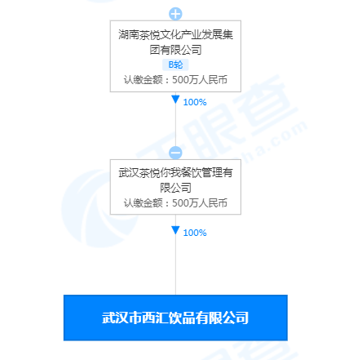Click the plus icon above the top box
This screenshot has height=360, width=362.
pyautogui.click(x=175, y=14)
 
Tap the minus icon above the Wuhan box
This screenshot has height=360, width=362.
pyautogui.click(x=175, y=153)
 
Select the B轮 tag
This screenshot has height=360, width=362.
pyautogui.click(x=175, y=64)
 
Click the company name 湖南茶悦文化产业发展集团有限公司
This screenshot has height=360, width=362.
pyautogui.click(x=175, y=42)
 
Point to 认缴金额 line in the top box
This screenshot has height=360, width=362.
pyautogui.click(x=175, y=80)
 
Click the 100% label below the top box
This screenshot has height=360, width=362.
pyautogui.click(x=195, y=102)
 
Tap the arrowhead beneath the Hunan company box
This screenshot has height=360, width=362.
pyautogui.click(x=175, y=100)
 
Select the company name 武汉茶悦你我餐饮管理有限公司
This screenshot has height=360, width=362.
pyautogui.click(x=175, y=180)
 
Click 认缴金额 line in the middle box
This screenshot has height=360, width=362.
pyautogui.click(x=175, y=203)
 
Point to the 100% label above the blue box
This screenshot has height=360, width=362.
pyautogui.click(x=195, y=233)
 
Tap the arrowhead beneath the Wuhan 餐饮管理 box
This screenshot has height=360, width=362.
pyautogui.click(x=175, y=230)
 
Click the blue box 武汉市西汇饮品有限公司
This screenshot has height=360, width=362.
pyautogui.click(x=175, y=318)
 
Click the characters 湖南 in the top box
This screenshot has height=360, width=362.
pyautogui.click(x=129, y=35)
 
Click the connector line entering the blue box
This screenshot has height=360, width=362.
pyautogui.click(x=175, y=255)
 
